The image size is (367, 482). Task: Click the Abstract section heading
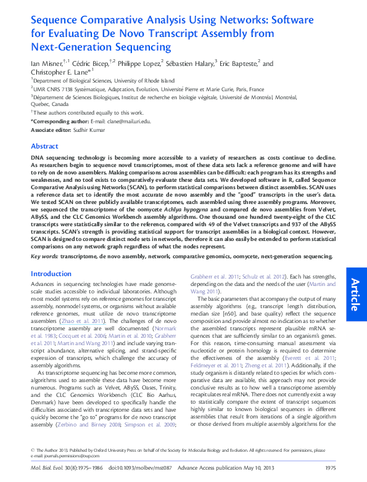click(45, 146)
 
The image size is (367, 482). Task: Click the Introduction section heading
click(51, 274)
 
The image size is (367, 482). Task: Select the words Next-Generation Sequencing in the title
click(101, 47)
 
